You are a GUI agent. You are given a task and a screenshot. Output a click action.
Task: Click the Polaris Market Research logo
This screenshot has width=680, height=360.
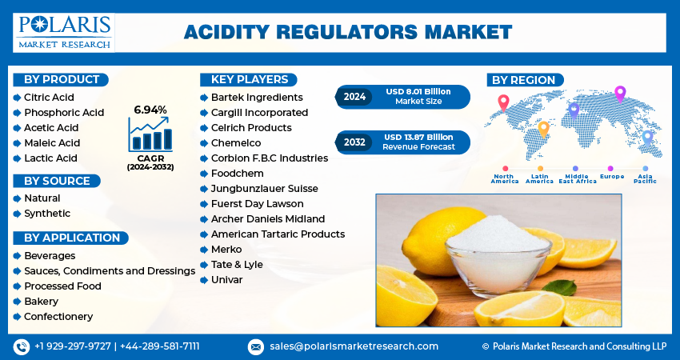tap(64, 32)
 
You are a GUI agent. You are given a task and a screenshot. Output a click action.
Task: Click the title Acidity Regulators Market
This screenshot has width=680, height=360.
tap(347, 32)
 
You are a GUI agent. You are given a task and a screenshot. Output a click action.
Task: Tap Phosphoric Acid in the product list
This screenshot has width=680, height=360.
tap(64, 112)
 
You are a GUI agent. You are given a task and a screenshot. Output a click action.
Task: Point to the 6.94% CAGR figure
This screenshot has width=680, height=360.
tap(150, 109)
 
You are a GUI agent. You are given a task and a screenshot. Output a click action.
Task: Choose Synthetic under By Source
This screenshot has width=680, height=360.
tap(47, 214)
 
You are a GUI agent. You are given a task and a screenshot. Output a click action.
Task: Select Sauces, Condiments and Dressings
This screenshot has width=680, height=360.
tap(110, 271)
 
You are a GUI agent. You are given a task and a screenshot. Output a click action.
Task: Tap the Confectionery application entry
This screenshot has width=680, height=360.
tap(58, 317)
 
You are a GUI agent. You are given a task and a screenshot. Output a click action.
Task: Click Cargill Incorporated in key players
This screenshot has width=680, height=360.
tap(259, 113)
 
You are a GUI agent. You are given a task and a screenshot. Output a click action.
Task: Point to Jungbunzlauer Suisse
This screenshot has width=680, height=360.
tap(264, 189)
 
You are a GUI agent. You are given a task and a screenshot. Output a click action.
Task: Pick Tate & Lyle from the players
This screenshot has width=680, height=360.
tap(237, 265)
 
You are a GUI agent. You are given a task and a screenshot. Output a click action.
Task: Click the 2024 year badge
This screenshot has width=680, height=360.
tap(354, 97)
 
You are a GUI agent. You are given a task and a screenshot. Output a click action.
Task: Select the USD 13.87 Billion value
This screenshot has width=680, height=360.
tap(418, 137)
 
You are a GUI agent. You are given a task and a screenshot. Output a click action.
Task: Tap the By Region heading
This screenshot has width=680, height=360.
tap(524, 80)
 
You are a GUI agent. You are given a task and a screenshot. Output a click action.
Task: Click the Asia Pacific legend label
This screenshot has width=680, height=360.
tap(645, 178)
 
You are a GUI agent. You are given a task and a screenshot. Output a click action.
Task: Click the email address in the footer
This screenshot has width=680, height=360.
tap(354, 346)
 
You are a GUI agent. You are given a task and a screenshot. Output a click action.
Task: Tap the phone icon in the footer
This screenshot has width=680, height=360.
tap(22, 346)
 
